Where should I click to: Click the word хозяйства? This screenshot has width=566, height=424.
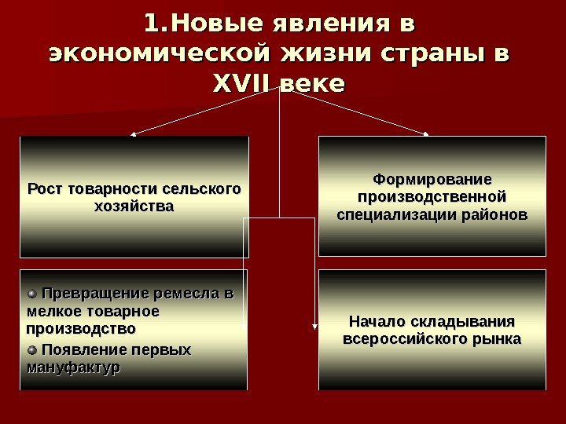coord(134,207)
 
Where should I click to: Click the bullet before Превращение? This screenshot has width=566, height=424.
coord(31,294)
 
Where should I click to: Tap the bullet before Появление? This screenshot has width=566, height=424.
coord(31,349)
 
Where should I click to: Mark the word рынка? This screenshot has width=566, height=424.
coord(494,340)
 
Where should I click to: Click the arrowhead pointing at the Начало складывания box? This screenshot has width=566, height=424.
coord(315,328)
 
